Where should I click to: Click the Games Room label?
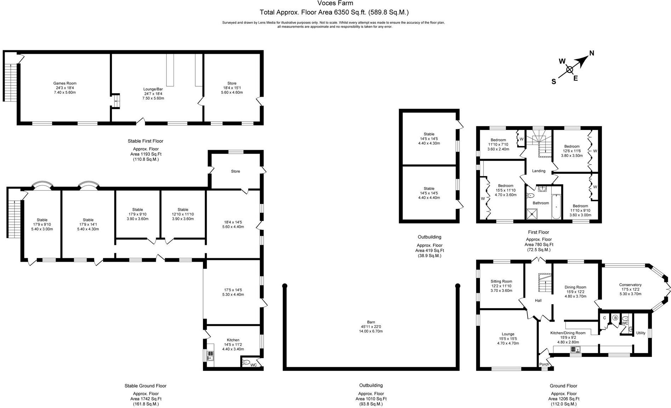pos(65,84)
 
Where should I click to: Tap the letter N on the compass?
pos(591,53)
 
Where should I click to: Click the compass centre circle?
pos(569,69)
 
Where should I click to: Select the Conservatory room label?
pos(630,285)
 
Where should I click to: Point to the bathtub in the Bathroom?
pos(556,206)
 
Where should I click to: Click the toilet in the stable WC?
pos(246,362)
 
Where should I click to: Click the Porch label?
pos(544,364)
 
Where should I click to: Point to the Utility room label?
pos(641,333)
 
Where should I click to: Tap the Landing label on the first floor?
pos(539,171)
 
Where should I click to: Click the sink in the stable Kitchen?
pos(210,355)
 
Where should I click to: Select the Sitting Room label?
pos(501,282)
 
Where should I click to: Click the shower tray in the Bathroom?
pos(531,214)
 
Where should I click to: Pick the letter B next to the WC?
pos(615,318)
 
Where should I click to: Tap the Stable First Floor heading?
pos(145,141)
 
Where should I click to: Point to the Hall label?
pos(538,301)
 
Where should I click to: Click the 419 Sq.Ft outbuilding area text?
pos(429,250)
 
